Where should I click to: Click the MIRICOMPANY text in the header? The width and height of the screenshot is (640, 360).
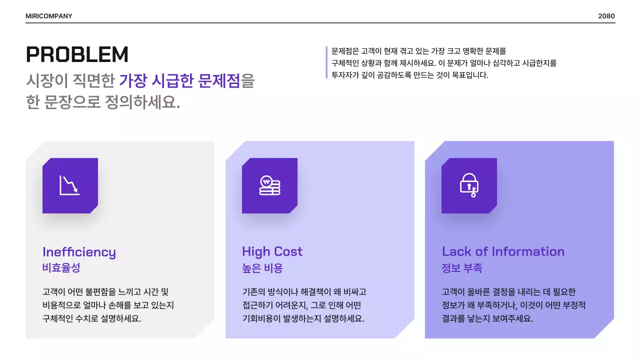(49, 16)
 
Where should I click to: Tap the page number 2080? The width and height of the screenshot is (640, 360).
(606, 16)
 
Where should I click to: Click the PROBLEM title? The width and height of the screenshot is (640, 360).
(77, 54)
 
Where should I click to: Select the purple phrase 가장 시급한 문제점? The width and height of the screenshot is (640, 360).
(179, 80)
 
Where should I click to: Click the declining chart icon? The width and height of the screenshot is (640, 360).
(69, 185)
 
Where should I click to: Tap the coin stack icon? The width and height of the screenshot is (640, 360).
(269, 185)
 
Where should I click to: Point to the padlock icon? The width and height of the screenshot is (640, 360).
(469, 185)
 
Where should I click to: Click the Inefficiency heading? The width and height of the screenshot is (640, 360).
(79, 251)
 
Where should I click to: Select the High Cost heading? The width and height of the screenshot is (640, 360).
(272, 251)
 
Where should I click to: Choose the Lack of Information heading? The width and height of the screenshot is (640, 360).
(503, 251)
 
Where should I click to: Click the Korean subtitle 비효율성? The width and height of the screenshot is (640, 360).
(61, 268)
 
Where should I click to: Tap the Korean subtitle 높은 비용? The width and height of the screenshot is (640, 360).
(262, 268)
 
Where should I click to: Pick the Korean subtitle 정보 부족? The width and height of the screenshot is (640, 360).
(462, 268)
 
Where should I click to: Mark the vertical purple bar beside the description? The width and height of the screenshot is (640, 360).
(326, 62)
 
